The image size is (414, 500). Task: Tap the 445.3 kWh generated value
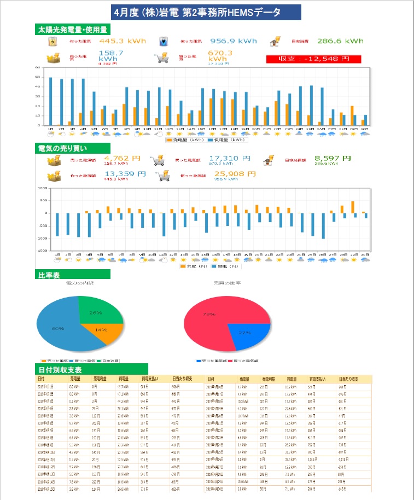[123, 41]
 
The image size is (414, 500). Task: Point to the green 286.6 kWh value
[342, 41]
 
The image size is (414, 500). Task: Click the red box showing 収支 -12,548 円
[314, 59]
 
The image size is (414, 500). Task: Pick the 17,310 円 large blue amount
[230, 158]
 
